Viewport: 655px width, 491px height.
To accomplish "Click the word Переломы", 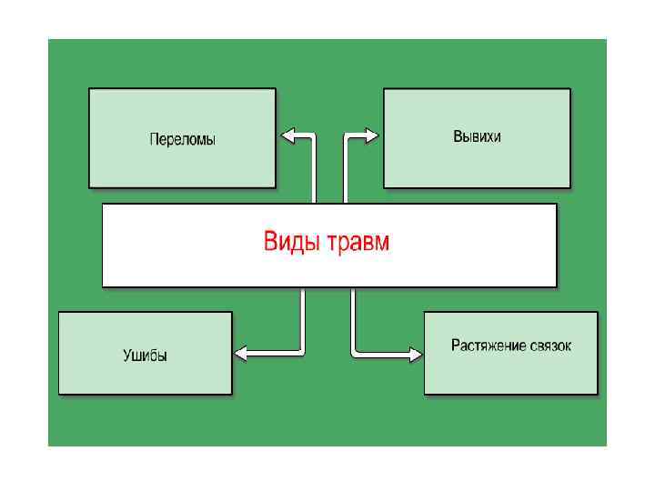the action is pyautogui.click(x=182, y=140).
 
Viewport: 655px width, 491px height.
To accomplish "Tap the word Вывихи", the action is pyautogui.click(x=477, y=136).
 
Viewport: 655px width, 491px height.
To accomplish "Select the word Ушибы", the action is pyautogui.click(x=146, y=356).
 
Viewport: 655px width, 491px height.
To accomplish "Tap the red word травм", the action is pyautogui.click(x=359, y=243).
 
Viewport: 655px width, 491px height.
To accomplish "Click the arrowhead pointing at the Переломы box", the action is pyautogui.click(x=288, y=136).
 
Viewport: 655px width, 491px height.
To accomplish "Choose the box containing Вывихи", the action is pyautogui.click(x=477, y=164).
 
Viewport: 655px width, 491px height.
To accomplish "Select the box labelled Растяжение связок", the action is pyautogui.click(x=510, y=373).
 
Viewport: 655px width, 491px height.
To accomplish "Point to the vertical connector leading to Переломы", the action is pyautogui.click(x=314, y=173).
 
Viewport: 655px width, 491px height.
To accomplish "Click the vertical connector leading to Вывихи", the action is pyautogui.click(x=345, y=173).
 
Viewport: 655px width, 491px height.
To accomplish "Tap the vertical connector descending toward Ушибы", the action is pyautogui.click(x=303, y=318).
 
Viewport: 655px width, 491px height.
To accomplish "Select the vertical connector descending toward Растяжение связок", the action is pyautogui.click(x=354, y=318).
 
